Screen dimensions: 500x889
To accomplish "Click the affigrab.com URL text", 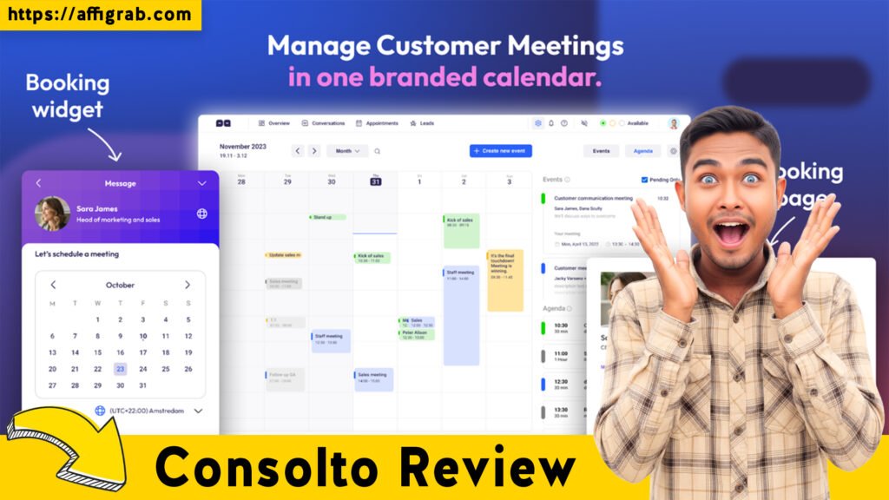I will [x=100, y=14].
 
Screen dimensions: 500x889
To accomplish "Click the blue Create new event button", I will [x=500, y=151].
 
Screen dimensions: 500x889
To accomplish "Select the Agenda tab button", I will [x=642, y=151].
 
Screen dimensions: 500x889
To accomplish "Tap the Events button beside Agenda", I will [x=601, y=151].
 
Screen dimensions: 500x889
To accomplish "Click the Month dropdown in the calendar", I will [x=347, y=151].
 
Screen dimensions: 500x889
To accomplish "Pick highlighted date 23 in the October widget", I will [x=121, y=369].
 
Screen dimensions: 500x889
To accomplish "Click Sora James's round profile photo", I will [x=52, y=214].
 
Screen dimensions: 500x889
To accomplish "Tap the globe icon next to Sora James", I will [x=202, y=214].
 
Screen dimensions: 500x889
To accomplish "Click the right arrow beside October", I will [x=188, y=285].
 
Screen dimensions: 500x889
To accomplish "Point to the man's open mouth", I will [x=731, y=232].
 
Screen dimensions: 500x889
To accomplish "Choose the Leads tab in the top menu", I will [x=426, y=123].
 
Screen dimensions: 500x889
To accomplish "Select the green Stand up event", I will [x=327, y=217].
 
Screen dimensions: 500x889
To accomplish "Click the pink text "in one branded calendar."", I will [x=444, y=77].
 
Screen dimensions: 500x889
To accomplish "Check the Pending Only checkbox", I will [x=643, y=180].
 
